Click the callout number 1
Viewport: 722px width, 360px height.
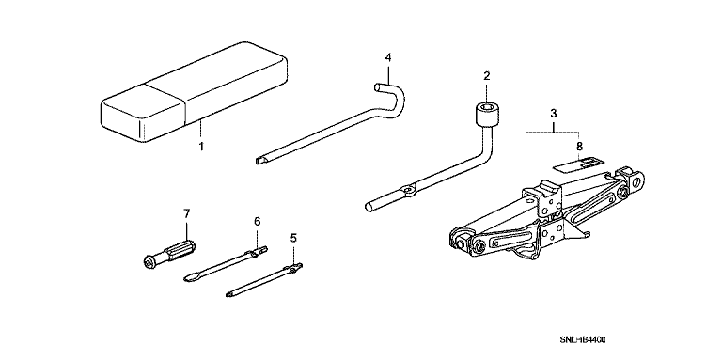(x=201, y=147)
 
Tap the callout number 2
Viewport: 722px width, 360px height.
(x=487, y=76)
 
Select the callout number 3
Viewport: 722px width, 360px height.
(x=554, y=113)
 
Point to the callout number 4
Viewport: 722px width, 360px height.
(x=387, y=57)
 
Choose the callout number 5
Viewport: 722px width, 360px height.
(x=293, y=238)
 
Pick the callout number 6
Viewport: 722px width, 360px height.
(x=257, y=222)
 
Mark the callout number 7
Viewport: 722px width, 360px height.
(x=186, y=213)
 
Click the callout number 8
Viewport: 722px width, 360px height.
(x=579, y=147)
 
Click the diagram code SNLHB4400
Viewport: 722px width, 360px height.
(x=583, y=339)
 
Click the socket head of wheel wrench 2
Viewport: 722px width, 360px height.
(x=486, y=115)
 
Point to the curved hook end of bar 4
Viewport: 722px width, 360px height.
(x=392, y=96)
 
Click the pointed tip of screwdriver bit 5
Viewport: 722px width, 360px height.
(x=229, y=293)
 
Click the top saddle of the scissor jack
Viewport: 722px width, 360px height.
(x=545, y=189)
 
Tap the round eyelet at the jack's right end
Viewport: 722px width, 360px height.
(x=637, y=180)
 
